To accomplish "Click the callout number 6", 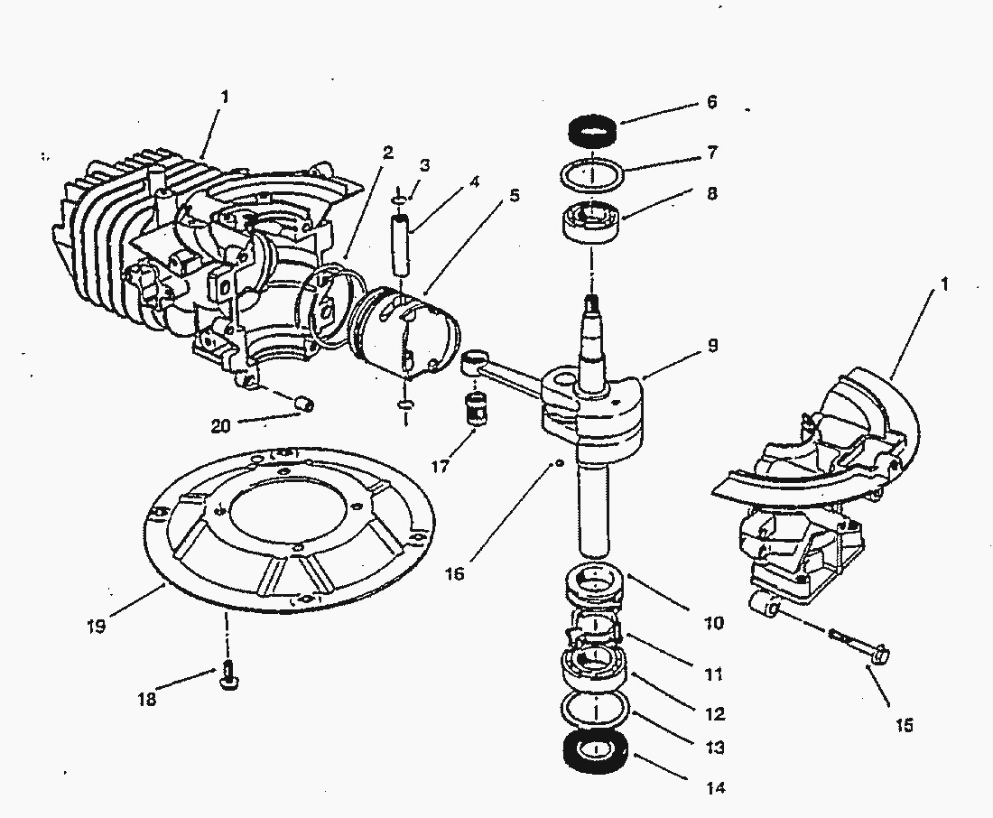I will pos(711,103).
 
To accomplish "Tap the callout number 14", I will pos(715,788).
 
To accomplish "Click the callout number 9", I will pos(712,346).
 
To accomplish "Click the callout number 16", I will pos(455,573).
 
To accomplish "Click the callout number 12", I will pos(715,714).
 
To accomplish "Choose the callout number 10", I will pos(714,623).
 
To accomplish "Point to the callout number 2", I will pos(387,153).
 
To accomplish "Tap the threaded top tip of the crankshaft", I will pos(592,301).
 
